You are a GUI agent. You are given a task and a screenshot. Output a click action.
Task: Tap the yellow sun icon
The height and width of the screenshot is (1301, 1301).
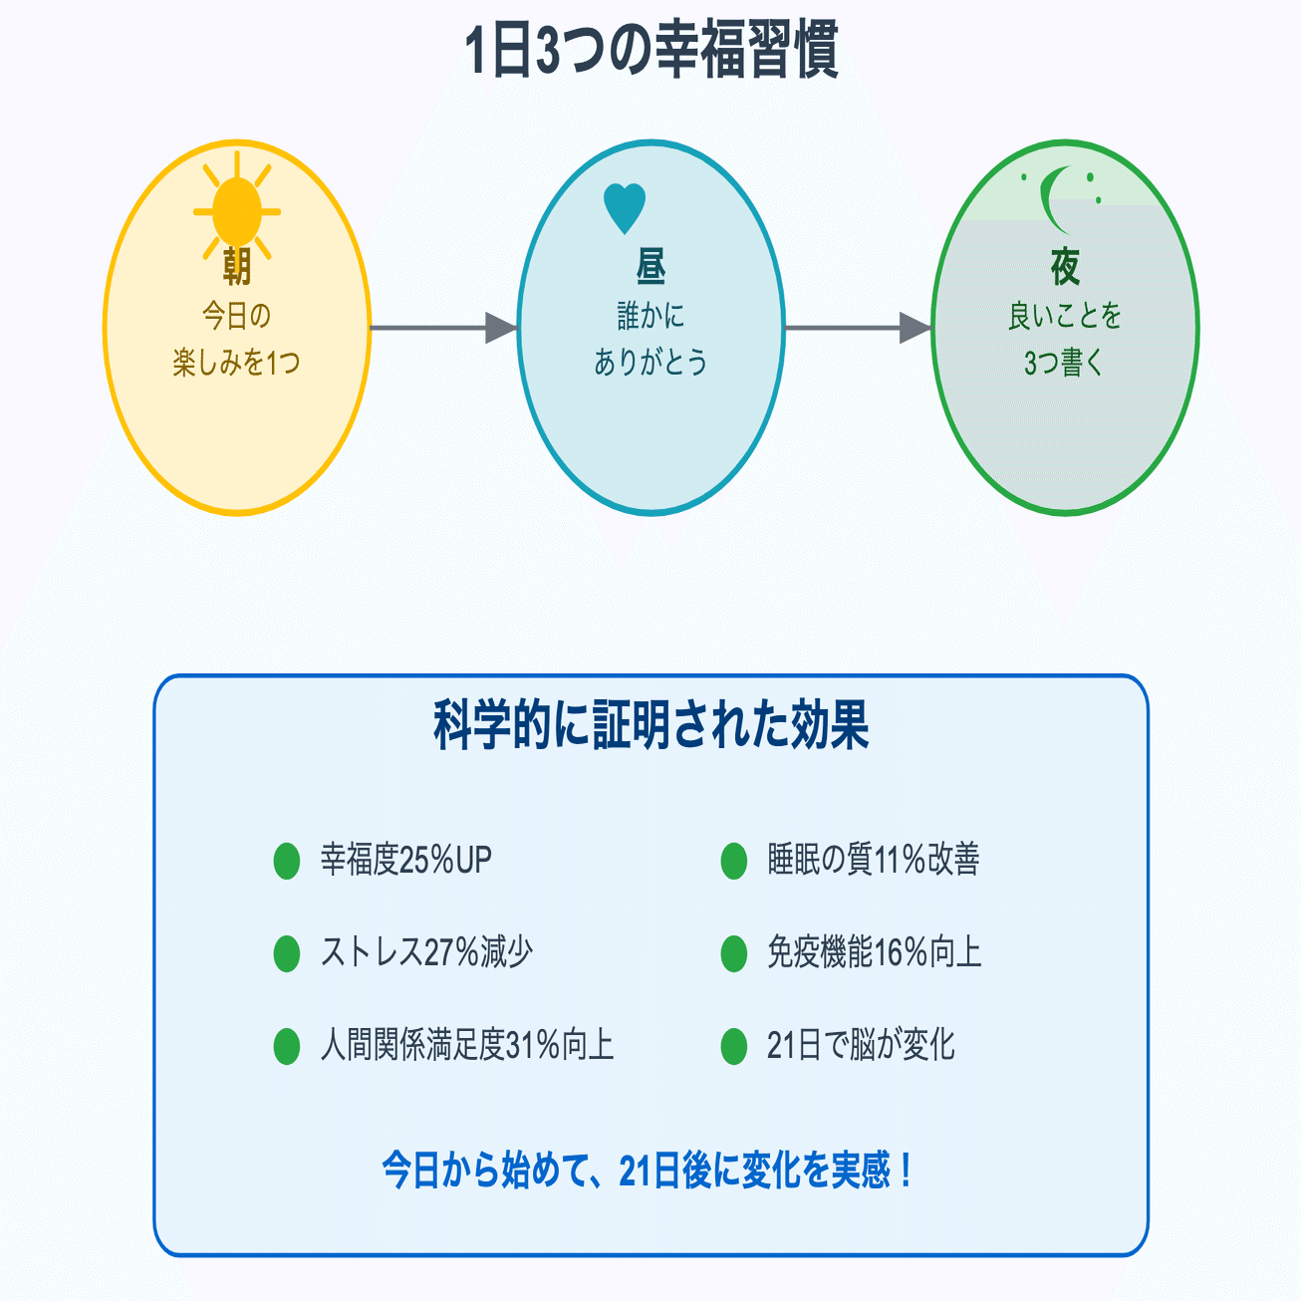[237, 211]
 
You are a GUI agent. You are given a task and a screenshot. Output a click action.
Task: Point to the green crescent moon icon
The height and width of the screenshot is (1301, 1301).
[1057, 199]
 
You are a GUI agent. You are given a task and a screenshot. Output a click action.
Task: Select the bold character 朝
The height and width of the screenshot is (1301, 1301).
[237, 266]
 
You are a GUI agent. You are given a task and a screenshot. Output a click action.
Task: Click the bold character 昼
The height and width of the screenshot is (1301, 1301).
[650, 266]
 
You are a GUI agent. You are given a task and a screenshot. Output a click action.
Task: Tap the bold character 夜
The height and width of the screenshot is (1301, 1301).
[1065, 267]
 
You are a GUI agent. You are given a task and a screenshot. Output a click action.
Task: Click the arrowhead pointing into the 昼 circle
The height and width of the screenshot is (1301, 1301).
[502, 328]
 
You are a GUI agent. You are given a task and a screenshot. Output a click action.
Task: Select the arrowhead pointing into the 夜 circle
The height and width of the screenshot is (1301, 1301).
[915, 328]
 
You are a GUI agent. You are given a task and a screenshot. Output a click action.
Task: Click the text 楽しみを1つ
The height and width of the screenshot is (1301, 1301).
[236, 363]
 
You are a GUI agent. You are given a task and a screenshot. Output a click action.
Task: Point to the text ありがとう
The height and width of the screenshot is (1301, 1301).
[650, 362]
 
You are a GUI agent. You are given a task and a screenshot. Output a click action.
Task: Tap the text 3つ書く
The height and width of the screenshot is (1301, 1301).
[1064, 363]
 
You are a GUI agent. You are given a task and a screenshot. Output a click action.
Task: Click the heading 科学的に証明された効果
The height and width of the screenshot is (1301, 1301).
[650, 725]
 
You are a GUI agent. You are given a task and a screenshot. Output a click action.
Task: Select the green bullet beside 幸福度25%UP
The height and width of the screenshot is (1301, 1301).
[287, 861]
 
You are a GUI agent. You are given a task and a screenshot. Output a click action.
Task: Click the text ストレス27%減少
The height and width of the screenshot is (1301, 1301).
[426, 952]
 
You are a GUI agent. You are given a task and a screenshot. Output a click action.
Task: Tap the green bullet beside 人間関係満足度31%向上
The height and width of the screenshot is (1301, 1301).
[287, 1046]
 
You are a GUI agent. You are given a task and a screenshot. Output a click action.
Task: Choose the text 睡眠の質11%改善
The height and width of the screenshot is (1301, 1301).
[873, 860]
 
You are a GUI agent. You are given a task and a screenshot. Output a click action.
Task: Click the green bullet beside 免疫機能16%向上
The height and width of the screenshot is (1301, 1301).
[734, 953]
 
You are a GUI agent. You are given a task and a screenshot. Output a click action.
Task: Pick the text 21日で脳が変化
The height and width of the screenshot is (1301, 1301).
[861, 1045]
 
